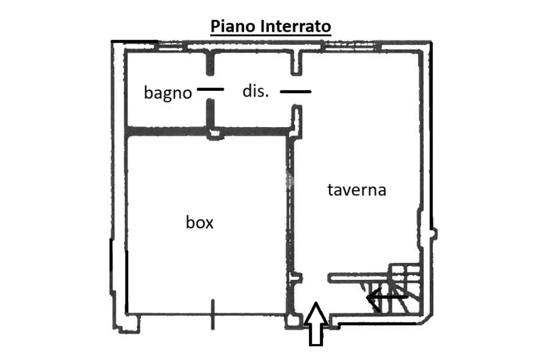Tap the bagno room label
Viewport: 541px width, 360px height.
click(x=167, y=93)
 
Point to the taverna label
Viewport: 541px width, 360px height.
click(x=357, y=190)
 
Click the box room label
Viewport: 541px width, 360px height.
click(x=200, y=222)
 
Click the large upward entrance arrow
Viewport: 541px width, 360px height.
click(x=315, y=324)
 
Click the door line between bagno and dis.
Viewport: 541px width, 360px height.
click(x=210, y=89)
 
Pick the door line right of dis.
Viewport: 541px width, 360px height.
click(x=295, y=91)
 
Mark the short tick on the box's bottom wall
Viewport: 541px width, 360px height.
click(x=212, y=314)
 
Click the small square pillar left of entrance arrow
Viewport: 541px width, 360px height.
click(x=291, y=321)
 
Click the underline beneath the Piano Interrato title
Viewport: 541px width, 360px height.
click(x=270, y=35)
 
